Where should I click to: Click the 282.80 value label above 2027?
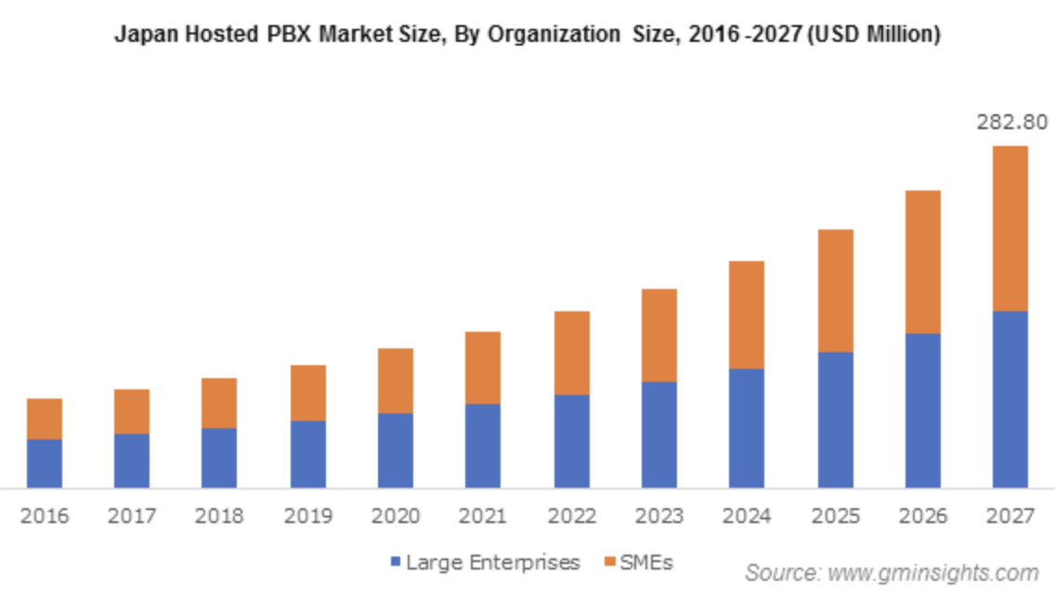[1009, 123]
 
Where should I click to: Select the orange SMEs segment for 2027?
[1009, 228]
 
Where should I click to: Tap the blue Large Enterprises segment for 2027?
[1009, 399]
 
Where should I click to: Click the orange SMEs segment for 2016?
[45, 418]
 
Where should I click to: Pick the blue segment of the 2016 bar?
[45, 463]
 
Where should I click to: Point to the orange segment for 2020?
[395, 380]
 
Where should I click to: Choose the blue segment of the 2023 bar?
[658, 434]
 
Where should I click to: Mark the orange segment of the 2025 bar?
[835, 290]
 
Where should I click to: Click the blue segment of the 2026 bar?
[922, 410]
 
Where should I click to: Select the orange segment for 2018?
[219, 402]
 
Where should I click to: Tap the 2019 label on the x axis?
[306, 516]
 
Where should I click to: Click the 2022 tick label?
[570, 516]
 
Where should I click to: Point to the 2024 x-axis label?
[746, 516]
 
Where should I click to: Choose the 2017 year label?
[131, 516]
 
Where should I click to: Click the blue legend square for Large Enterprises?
[396, 562]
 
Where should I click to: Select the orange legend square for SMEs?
[608, 562]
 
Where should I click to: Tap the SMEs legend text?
[647, 562]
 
